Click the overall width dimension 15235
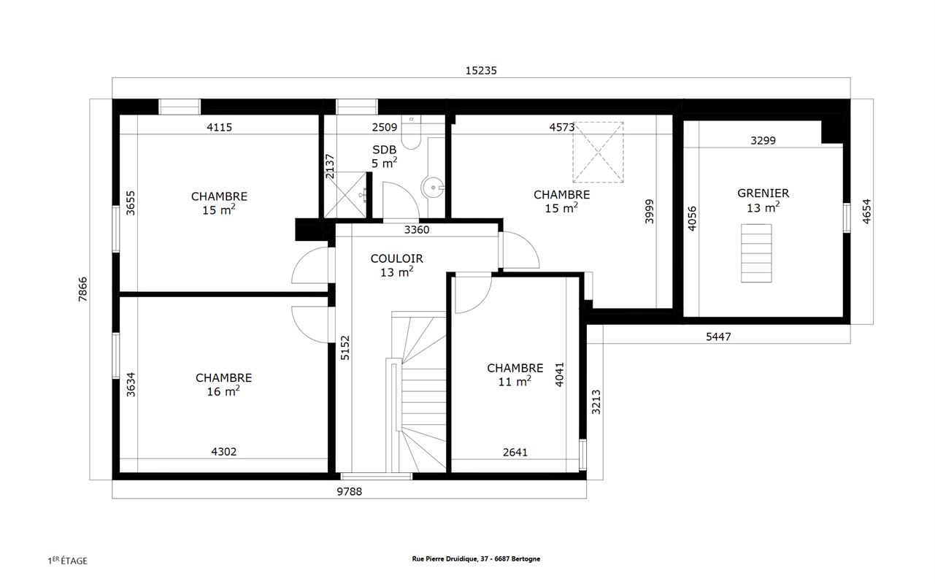click(481, 71)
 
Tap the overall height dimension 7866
click(83, 289)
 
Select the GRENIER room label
click(763, 193)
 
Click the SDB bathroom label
click(384, 150)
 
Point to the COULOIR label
click(396, 259)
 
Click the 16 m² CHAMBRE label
click(224, 385)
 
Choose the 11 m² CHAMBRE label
click(515, 374)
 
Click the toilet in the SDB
click(411, 132)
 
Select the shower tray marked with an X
click(346, 194)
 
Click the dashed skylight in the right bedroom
click(598, 153)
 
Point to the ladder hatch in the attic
click(756, 253)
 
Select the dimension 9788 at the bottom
click(350, 491)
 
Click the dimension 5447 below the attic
click(718, 337)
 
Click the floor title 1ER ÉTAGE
click(68, 561)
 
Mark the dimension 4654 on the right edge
click(866, 211)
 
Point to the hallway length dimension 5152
click(345, 347)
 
